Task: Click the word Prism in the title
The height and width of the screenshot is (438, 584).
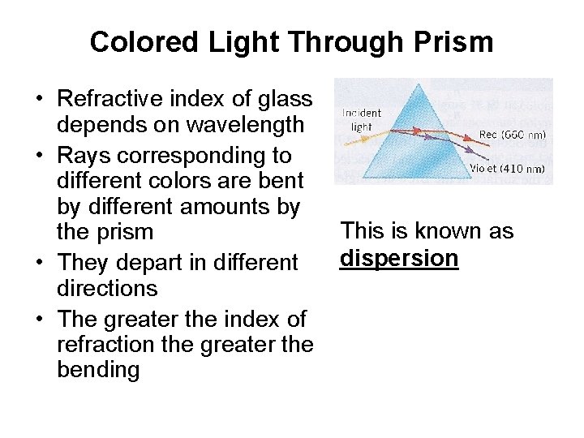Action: [455, 41]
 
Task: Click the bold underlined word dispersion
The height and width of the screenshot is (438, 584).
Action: [400, 258]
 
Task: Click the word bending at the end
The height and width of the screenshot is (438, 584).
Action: [98, 370]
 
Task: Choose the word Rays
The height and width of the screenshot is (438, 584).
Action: [84, 153]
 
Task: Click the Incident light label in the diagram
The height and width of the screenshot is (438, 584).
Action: [361, 120]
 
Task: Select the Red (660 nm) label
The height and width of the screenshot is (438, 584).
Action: [512, 135]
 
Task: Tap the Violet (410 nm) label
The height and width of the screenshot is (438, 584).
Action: [509, 170]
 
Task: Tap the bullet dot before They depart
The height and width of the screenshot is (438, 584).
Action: [38, 263]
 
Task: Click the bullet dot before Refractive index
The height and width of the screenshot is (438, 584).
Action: [38, 100]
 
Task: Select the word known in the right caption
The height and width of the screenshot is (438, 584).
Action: [446, 230]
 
